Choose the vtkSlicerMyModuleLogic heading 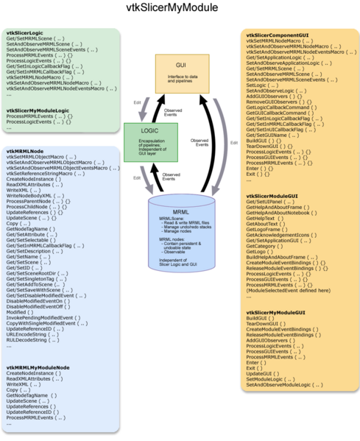[x=38, y=110]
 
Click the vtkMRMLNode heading [x=24, y=151]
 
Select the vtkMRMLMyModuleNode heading [x=38, y=367]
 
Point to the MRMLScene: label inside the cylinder [x=172, y=219]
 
